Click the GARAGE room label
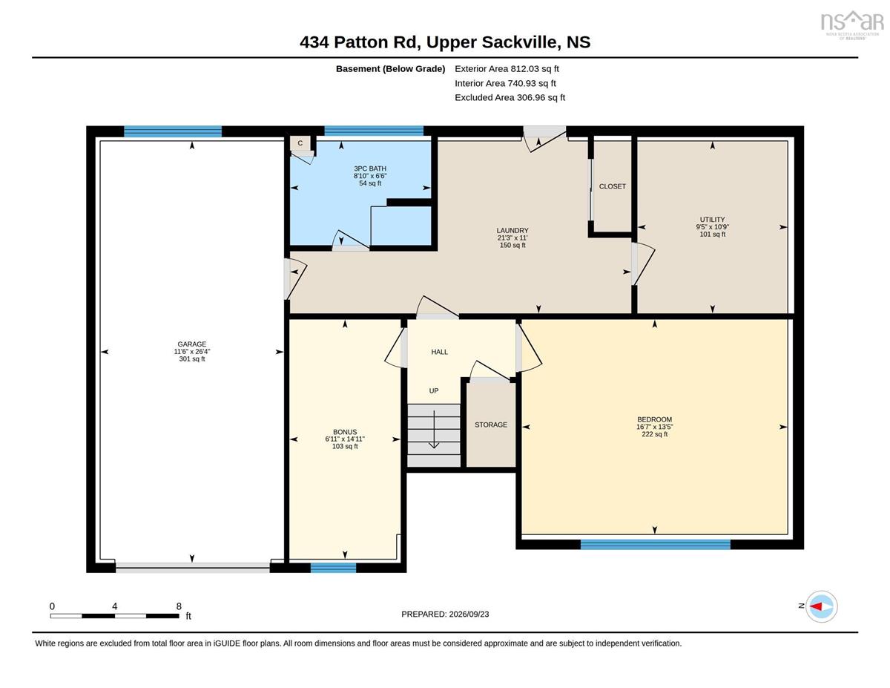coord(191,344)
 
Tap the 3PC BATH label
coord(370,168)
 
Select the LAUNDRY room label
coord(512,230)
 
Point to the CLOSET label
coord(613,186)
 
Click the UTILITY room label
coord(712,220)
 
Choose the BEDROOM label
coord(654,419)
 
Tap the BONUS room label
coord(345,432)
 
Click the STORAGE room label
coord(491,425)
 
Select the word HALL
coord(440,352)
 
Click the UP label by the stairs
coord(434,391)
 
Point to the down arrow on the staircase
coord(434,430)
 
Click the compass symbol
coord(821,606)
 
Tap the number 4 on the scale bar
coord(115,606)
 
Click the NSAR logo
coord(852,24)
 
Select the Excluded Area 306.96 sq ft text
coord(510,97)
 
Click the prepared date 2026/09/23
coord(469,615)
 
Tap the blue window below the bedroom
coord(656,544)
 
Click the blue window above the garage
coord(173,131)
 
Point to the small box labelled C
coord(300,143)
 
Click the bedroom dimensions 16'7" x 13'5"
coord(654,427)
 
